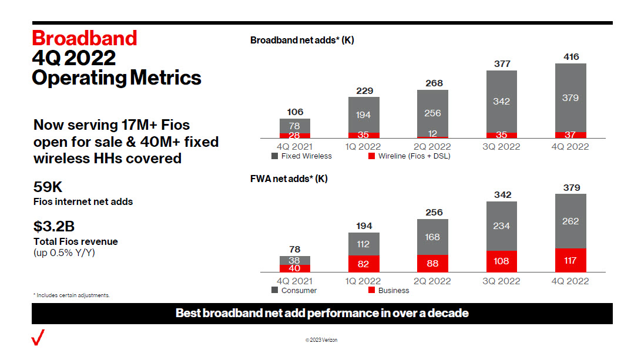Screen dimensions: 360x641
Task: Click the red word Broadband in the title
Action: [x=84, y=38]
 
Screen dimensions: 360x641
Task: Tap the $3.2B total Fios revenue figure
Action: [x=54, y=227]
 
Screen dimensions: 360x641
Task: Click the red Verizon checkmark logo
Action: [x=38, y=338]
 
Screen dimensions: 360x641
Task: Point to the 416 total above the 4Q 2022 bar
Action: [x=570, y=57]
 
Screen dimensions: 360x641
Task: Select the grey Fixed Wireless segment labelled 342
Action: [x=502, y=102]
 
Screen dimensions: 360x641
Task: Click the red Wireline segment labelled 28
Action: [x=294, y=136]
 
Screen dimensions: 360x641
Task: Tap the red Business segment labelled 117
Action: [x=570, y=260]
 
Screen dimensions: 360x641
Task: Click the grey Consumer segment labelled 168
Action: [x=432, y=237]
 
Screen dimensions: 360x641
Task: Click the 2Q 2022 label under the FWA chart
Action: [x=432, y=281]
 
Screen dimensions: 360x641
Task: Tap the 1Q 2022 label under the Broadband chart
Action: [x=363, y=147]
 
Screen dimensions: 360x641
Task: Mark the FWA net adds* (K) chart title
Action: [x=288, y=179]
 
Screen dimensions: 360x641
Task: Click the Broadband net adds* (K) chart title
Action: [x=302, y=41]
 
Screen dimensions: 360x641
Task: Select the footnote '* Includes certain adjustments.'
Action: [x=72, y=295]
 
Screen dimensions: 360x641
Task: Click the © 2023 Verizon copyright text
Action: [x=321, y=340]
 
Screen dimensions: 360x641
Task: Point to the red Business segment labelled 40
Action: [x=294, y=268]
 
